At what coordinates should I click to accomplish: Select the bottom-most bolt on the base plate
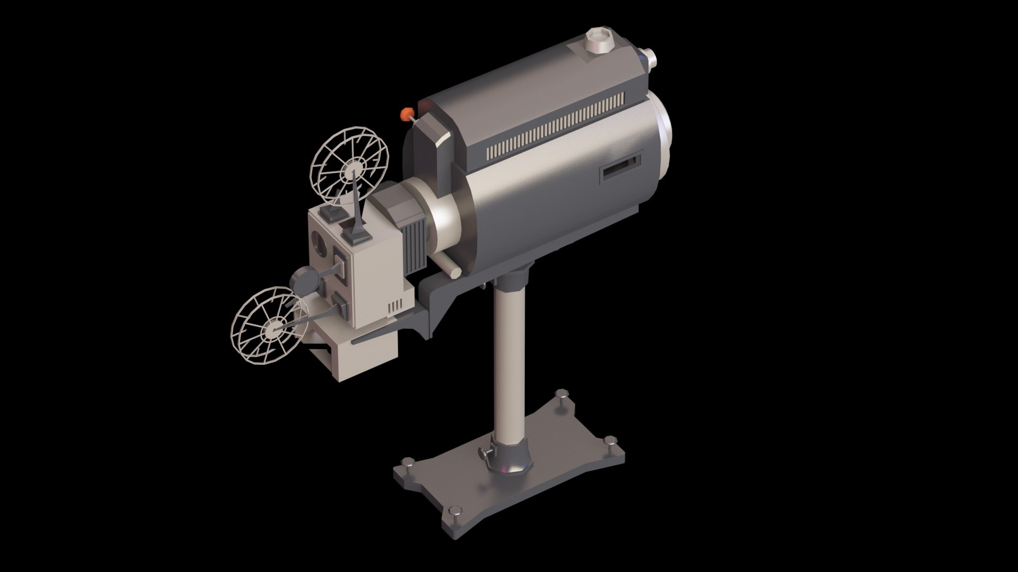455,511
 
